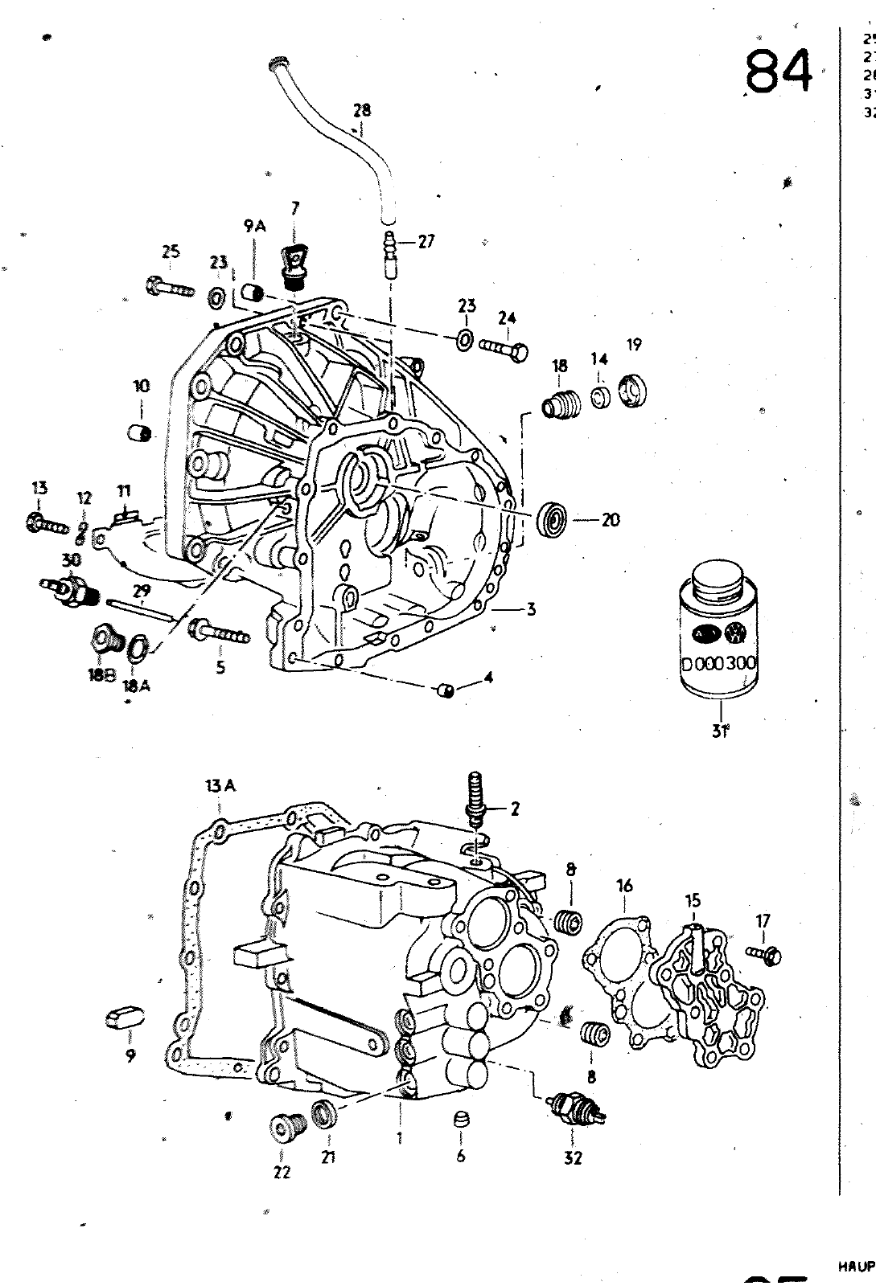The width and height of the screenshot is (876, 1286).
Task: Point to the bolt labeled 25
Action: pos(170,287)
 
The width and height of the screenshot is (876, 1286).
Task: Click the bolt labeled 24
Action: pos(504,347)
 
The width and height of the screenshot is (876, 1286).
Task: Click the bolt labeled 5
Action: pos(219,633)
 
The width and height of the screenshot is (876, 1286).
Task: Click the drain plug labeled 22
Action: pos(286,1128)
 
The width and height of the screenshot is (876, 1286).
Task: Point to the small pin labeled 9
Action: pos(125,1020)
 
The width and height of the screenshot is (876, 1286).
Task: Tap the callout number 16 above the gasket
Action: pos(624,887)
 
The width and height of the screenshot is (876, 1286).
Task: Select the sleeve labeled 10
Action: pos(142,432)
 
